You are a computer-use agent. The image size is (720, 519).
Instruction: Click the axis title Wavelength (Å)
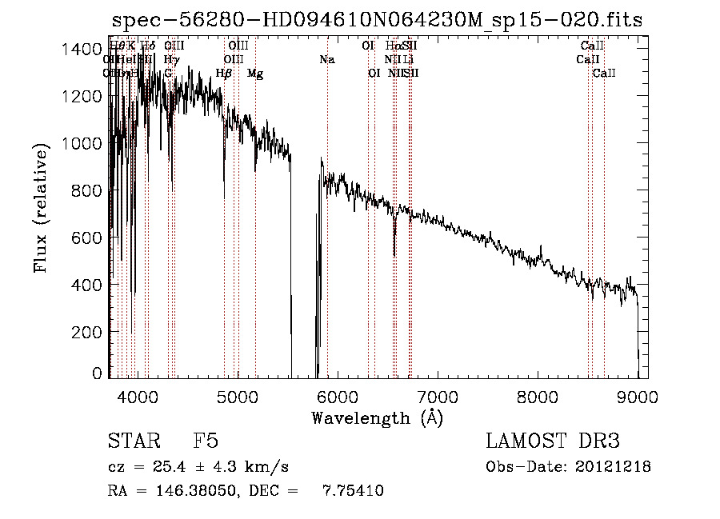coord(377,417)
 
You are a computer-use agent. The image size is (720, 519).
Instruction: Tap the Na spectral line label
coord(326,60)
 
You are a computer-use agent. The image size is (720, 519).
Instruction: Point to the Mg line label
coord(255,74)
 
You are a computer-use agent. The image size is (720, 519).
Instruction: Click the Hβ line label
coord(224,74)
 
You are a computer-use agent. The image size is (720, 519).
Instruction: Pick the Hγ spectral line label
coord(171,60)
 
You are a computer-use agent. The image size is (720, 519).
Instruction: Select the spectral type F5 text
coord(206,442)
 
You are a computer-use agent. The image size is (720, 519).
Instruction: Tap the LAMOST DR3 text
coord(552,442)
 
